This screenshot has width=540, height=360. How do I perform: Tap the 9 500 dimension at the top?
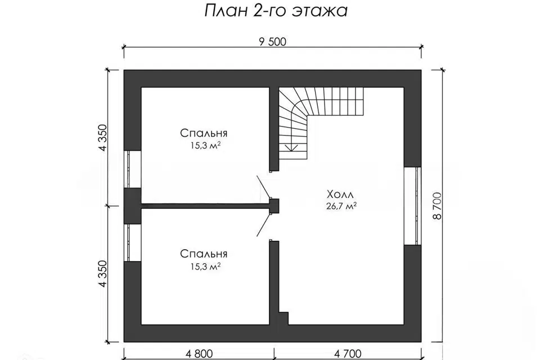pos(273,41)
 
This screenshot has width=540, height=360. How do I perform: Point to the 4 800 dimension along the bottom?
pos(199,353)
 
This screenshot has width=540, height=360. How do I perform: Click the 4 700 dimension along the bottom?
pos(348,353)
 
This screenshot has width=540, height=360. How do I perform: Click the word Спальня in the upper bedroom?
pos(204,133)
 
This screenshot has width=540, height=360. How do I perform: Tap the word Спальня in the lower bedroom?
pos(204,254)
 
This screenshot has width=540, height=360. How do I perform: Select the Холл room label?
pos(340,194)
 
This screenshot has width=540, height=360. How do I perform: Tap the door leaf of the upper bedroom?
pos(263,187)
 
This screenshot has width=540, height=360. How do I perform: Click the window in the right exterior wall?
pos(413,205)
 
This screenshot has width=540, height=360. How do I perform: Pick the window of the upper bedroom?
pos(132,169)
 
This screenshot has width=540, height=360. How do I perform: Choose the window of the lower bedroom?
pos(132,243)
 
